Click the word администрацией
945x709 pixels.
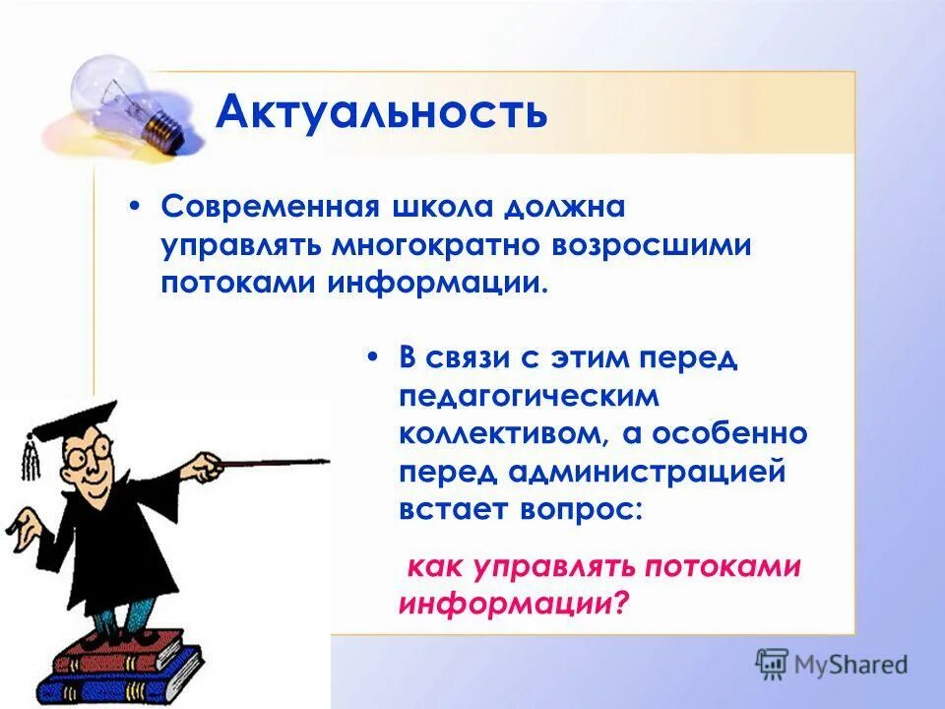647,471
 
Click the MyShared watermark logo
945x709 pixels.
833,663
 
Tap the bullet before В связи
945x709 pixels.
373,358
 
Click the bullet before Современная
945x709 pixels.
137,208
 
